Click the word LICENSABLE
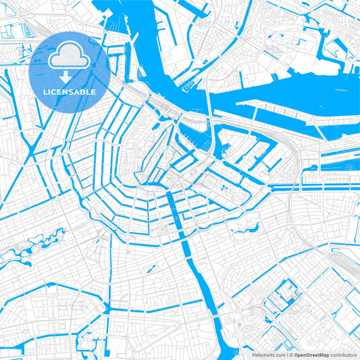70,91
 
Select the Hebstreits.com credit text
269,354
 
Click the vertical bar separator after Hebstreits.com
287,354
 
